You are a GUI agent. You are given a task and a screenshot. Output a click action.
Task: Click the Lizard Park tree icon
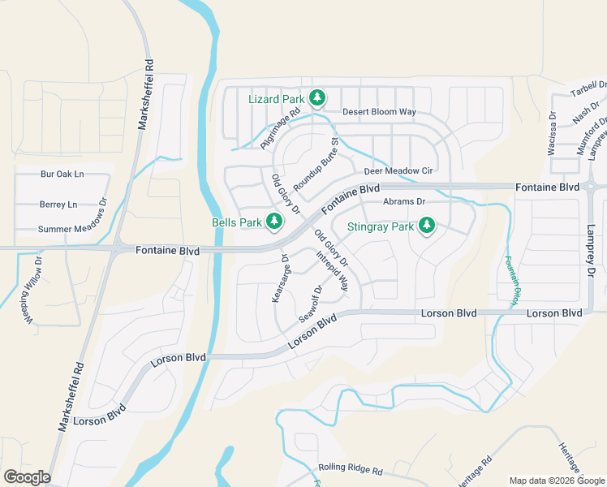[x=317, y=99]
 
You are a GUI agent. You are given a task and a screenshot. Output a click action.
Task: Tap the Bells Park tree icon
[x=275, y=221]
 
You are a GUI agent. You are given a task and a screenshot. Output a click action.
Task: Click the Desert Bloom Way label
[x=379, y=111]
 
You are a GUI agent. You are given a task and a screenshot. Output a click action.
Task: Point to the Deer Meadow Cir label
[x=399, y=171]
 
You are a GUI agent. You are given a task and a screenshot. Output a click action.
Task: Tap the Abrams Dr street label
[x=404, y=201]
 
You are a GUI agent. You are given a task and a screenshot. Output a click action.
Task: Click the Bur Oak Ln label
[x=62, y=174]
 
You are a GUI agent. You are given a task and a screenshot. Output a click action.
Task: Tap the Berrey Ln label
[x=58, y=205]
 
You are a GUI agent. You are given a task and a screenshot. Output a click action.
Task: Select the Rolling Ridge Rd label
[x=350, y=468]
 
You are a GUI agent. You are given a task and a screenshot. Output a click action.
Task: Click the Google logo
[x=27, y=476]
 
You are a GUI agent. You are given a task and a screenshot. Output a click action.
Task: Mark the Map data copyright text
[x=557, y=481]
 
